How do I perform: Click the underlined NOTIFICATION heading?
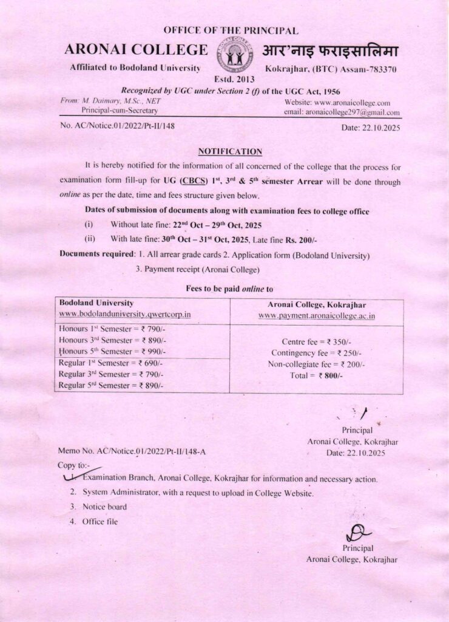coord(231,151)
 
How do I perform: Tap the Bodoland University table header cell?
coord(96,302)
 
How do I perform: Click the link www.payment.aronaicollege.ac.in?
coord(316,316)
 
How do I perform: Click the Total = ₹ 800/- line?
coord(316,376)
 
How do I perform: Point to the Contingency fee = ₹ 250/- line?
coord(316,353)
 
